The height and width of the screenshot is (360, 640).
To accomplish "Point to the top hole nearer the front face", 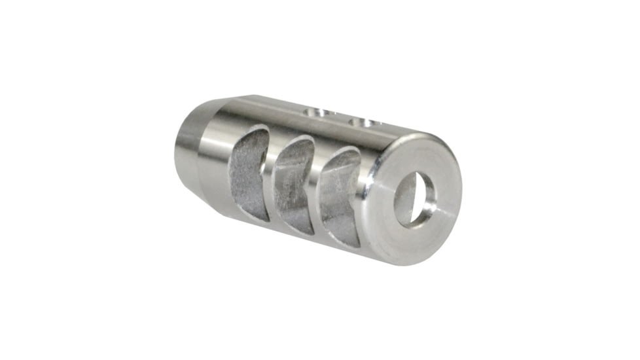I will [x=362, y=122].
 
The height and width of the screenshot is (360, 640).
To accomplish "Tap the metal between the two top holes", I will [x=339, y=118].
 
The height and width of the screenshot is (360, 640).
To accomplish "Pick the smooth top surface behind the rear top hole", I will [x=275, y=108].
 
